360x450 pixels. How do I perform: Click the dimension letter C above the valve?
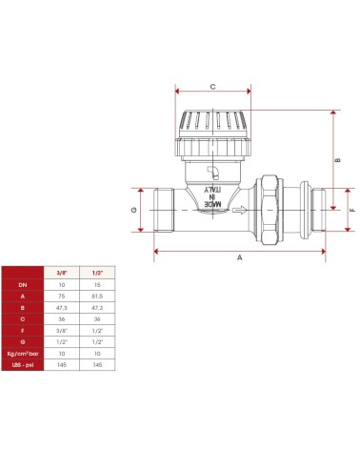212,86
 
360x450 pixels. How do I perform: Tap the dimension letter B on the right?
338,160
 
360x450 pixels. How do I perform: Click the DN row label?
23,284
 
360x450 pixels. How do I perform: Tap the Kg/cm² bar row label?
23,352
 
